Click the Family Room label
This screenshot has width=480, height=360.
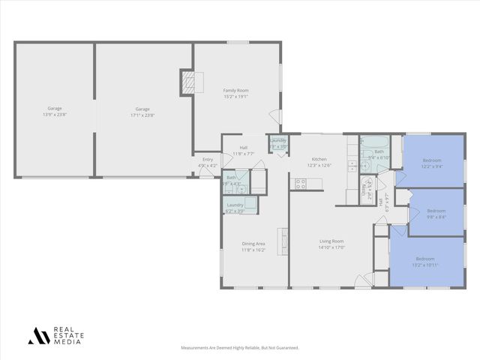(235, 93)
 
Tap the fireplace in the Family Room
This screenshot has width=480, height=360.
(187, 82)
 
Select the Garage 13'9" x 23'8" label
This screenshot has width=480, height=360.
(55, 112)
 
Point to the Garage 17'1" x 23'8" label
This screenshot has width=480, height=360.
(142, 112)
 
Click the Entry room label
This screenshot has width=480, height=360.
(207, 162)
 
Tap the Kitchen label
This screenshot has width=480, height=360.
(319, 162)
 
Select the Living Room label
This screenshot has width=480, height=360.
(331, 244)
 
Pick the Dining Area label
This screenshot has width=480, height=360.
(253, 246)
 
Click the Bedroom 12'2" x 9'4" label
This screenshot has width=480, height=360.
(431, 163)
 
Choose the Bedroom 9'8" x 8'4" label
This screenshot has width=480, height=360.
(436, 214)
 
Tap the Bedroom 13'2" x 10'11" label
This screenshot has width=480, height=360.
(425, 262)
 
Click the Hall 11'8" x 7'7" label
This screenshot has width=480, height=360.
(244, 150)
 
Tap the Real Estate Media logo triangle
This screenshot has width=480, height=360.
(36, 335)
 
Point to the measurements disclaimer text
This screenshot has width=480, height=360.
(239, 348)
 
